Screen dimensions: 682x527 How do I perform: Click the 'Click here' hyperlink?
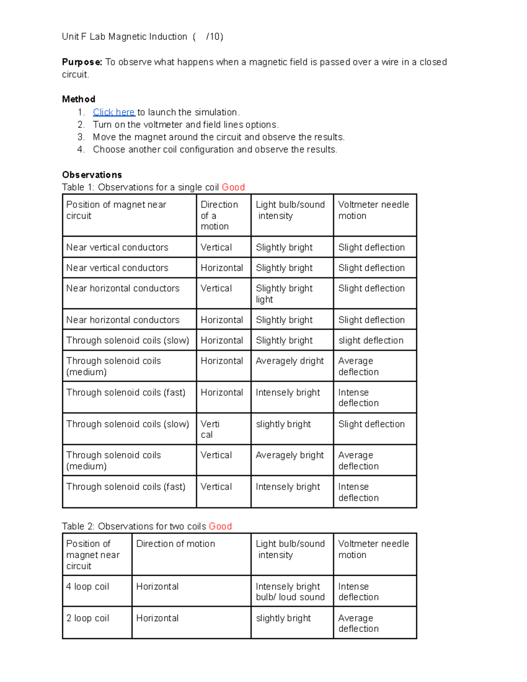point(114,112)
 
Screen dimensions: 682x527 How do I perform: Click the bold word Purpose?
point(82,62)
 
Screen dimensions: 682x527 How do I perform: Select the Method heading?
point(79,99)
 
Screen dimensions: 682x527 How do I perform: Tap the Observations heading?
point(92,175)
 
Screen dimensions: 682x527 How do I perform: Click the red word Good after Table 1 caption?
point(233,187)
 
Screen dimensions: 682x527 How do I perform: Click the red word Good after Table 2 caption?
point(220,526)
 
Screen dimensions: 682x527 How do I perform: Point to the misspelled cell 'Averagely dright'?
point(289,361)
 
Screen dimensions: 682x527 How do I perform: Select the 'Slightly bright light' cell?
point(284,294)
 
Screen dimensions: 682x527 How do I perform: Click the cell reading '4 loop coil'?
point(87,587)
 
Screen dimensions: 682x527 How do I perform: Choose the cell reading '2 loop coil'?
point(87,618)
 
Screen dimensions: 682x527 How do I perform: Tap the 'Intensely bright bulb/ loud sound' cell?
point(290,592)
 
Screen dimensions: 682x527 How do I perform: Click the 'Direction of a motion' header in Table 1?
point(219,215)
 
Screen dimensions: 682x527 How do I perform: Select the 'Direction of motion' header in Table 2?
point(176,544)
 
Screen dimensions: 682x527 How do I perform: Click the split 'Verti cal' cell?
point(210,429)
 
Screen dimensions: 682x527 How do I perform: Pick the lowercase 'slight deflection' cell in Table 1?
point(371,340)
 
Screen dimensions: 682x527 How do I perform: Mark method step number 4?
point(80,149)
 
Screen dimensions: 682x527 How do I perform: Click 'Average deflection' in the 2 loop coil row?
point(358,623)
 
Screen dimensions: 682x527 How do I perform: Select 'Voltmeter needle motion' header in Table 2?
point(373,549)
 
